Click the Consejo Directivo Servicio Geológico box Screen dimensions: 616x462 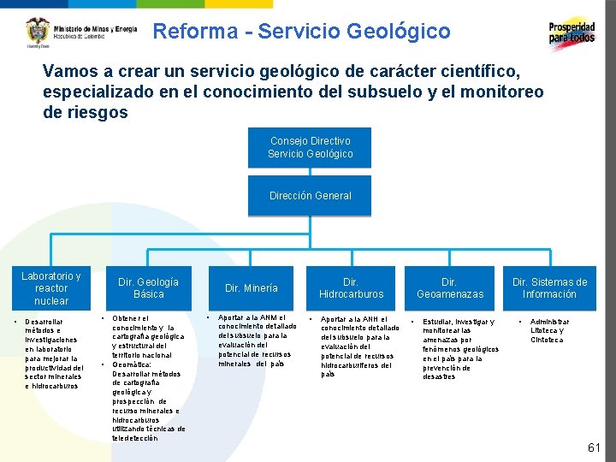point(310,147)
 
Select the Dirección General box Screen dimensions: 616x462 point(310,196)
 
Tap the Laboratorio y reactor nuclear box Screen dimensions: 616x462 point(51,288)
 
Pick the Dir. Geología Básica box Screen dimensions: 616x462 point(148,288)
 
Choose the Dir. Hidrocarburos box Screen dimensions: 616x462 point(351,288)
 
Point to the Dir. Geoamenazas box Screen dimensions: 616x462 point(449,288)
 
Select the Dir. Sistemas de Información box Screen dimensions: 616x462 point(549,288)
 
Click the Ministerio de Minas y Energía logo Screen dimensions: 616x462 point(81,32)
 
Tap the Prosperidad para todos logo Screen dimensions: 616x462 point(572,33)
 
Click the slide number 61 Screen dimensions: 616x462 point(594,447)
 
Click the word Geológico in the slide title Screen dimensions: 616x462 point(400,32)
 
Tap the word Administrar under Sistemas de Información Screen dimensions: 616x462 point(550,322)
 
